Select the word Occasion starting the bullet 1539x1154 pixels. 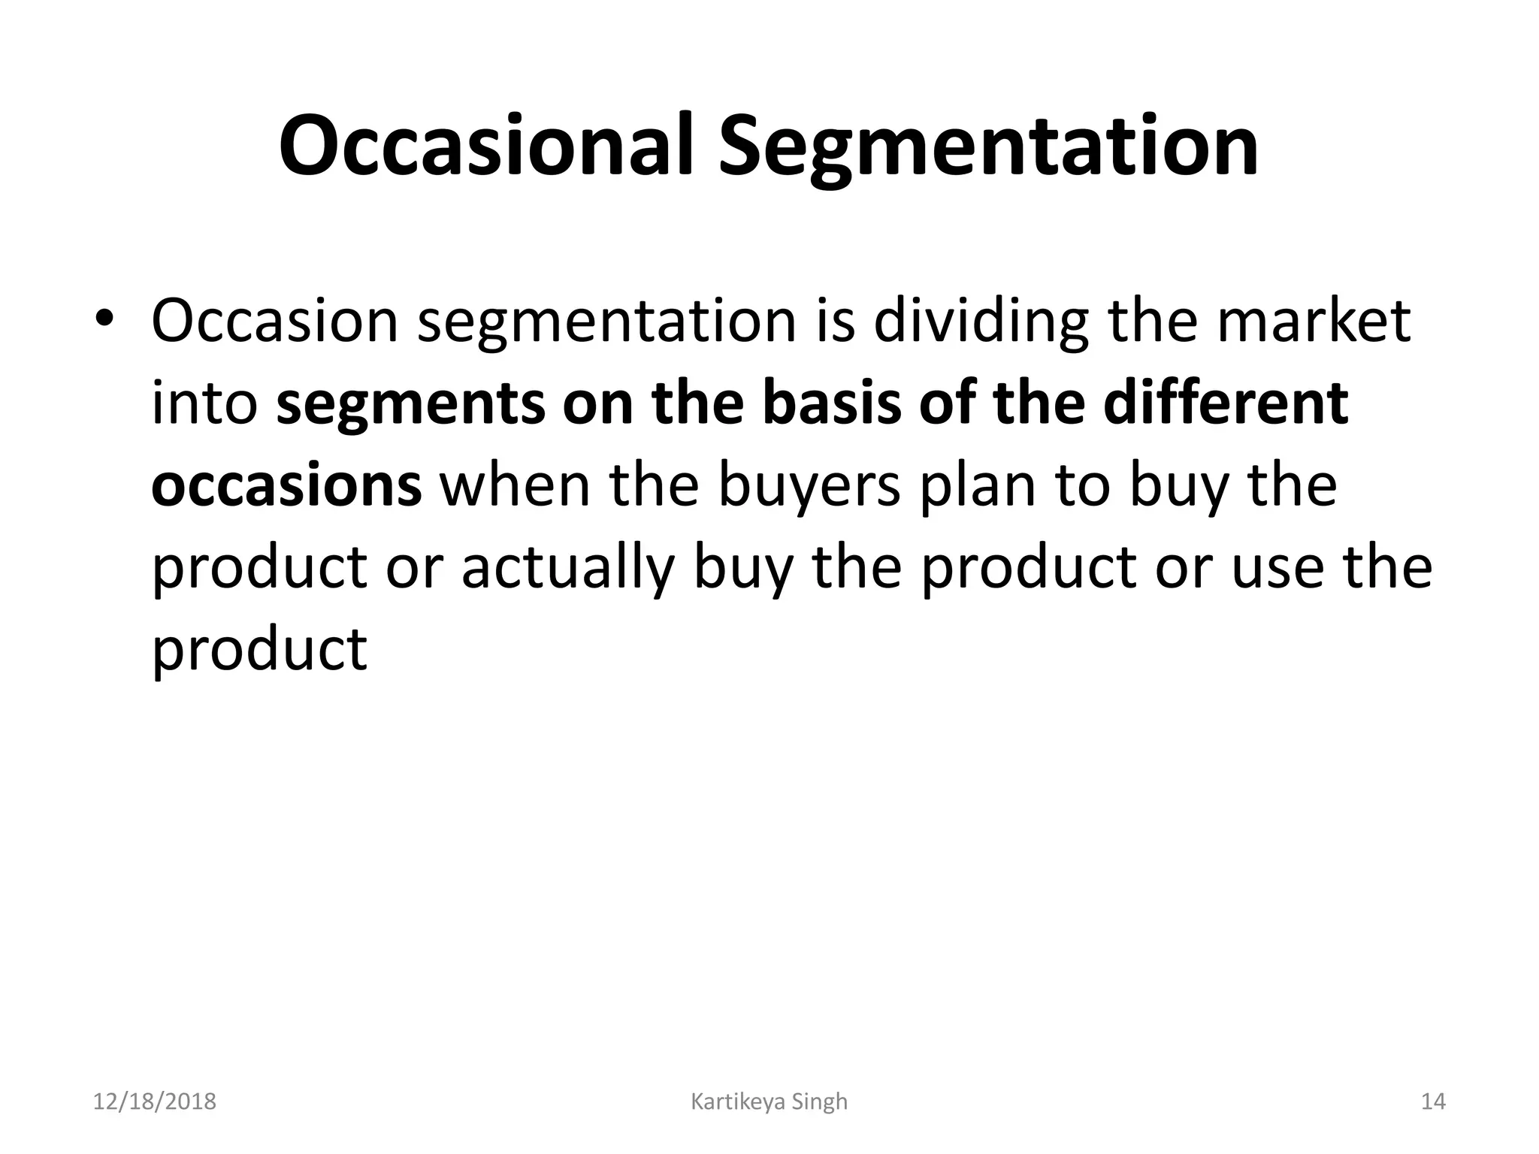(x=274, y=321)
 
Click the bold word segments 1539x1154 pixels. (x=412, y=403)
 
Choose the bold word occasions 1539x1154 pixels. (x=286, y=486)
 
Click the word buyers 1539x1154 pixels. (x=809, y=486)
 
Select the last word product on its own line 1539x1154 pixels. (x=259, y=649)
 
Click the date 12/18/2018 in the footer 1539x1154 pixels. (x=155, y=1102)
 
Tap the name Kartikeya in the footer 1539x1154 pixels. (x=737, y=1102)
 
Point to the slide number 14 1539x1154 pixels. (x=1433, y=1102)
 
